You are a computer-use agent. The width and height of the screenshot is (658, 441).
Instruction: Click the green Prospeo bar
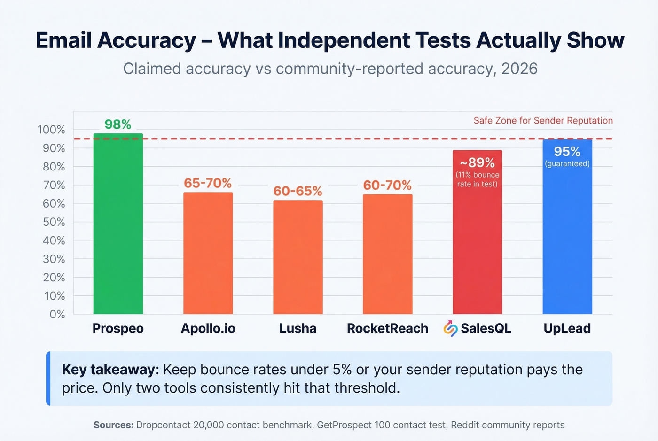tap(118, 225)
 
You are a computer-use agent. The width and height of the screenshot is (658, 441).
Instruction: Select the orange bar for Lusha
tap(298, 258)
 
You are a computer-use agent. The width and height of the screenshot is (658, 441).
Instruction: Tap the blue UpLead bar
tap(567, 235)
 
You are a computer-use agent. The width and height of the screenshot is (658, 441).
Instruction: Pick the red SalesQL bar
tap(477, 244)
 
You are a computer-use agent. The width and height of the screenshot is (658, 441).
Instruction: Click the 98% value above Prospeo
tap(117, 124)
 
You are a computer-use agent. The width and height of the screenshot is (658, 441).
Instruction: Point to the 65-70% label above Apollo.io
tap(208, 183)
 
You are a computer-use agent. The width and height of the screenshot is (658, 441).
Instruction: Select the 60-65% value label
tap(298, 191)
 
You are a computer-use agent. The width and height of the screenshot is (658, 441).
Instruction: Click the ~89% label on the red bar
tap(477, 163)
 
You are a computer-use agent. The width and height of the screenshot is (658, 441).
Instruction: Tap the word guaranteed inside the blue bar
tap(567, 164)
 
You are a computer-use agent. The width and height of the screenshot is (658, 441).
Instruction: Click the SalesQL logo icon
tap(450, 328)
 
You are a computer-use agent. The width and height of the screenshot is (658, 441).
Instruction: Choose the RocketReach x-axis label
tap(387, 328)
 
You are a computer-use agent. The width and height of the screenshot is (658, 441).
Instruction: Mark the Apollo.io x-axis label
tap(208, 328)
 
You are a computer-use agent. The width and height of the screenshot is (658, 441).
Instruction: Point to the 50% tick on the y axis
tap(54, 222)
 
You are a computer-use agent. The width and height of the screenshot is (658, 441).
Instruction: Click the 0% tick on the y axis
tap(57, 314)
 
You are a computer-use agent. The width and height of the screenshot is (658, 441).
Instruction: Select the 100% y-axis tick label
tap(52, 130)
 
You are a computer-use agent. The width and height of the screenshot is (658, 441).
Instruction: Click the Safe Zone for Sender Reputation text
tap(543, 121)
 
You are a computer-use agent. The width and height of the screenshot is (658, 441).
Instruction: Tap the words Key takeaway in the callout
tap(110, 370)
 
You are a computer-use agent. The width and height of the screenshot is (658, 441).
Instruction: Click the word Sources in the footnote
tap(114, 425)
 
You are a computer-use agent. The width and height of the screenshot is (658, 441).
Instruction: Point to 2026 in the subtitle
tap(519, 69)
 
